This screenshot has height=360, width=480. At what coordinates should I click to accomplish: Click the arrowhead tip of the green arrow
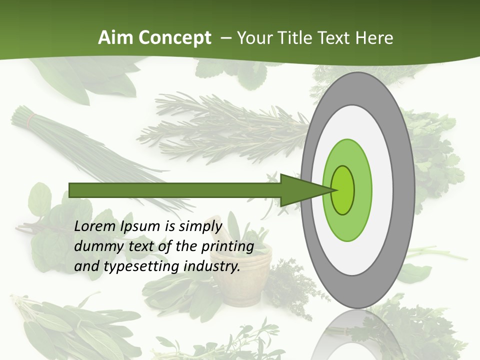[x=334, y=190]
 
